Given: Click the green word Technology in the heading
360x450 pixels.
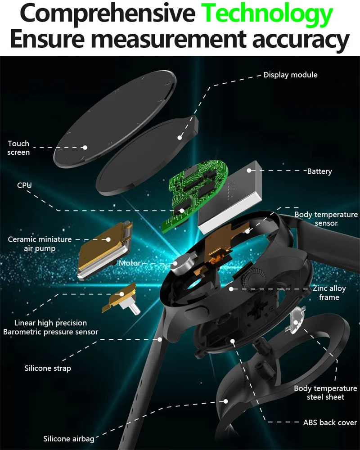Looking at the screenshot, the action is tap(268, 14).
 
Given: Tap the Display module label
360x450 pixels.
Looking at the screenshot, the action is tap(290, 75).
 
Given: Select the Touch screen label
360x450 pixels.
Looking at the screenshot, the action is tap(18, 148).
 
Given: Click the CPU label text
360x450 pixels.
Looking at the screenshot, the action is tap(24, 185).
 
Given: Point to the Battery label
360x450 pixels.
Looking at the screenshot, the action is tap(319, 171).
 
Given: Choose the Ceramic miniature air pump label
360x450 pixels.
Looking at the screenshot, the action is tap(40, 243).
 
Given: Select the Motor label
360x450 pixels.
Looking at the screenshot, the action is tap(130, 263).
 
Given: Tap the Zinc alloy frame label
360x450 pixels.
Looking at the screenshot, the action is tap(329, 293).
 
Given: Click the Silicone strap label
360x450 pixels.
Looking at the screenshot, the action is tap(47, 369).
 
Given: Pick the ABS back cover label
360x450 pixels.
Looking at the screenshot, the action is tap(330, 423).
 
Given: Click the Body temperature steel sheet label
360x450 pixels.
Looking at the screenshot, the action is tap(325, 392).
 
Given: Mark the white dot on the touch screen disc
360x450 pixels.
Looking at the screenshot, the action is tap(85, 147).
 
